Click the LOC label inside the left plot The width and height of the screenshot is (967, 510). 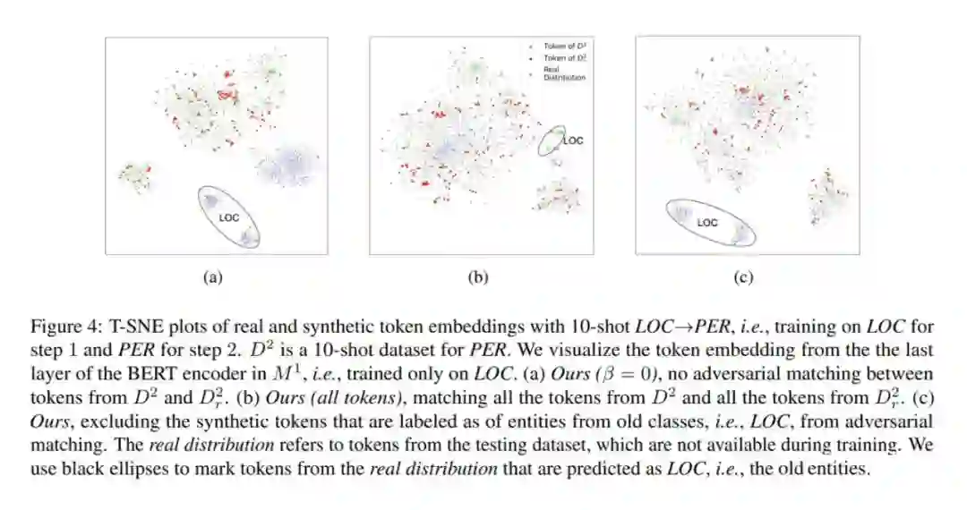(x=228, y=217)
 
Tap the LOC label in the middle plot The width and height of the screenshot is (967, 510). (x=573, y=140)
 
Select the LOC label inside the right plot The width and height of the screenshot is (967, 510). (x=706, y=223)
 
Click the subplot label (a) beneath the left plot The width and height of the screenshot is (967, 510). (x=212, y=277)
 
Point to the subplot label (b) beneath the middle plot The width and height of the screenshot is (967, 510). (x=479, y=277)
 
